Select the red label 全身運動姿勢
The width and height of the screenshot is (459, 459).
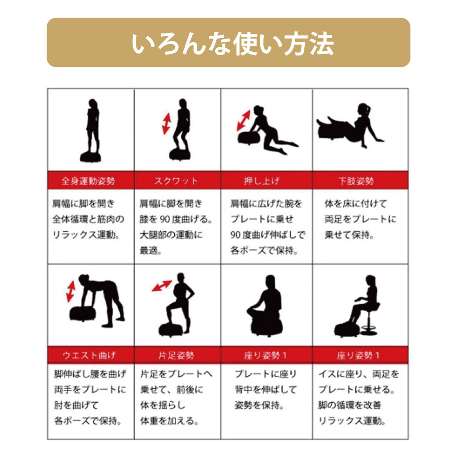88,181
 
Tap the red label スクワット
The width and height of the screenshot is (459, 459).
176,181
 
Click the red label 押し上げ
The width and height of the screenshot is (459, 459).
262,181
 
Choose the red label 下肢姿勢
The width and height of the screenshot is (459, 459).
356,181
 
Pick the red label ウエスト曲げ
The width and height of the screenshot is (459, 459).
90,355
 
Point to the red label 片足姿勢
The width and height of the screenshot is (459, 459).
176,355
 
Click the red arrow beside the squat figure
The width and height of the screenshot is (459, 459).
167,124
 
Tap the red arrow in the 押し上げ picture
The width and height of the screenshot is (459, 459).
244,121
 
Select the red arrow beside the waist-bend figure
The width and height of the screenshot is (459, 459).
71,291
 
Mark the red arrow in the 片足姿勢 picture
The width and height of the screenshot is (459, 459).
162,285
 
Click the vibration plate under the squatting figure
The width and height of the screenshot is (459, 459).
179,154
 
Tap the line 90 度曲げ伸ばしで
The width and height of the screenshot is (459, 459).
268,235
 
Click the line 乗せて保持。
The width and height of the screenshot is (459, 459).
349,235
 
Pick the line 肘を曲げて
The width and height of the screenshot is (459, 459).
76,405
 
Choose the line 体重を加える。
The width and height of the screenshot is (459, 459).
169,421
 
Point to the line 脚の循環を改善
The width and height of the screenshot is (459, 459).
349,405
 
